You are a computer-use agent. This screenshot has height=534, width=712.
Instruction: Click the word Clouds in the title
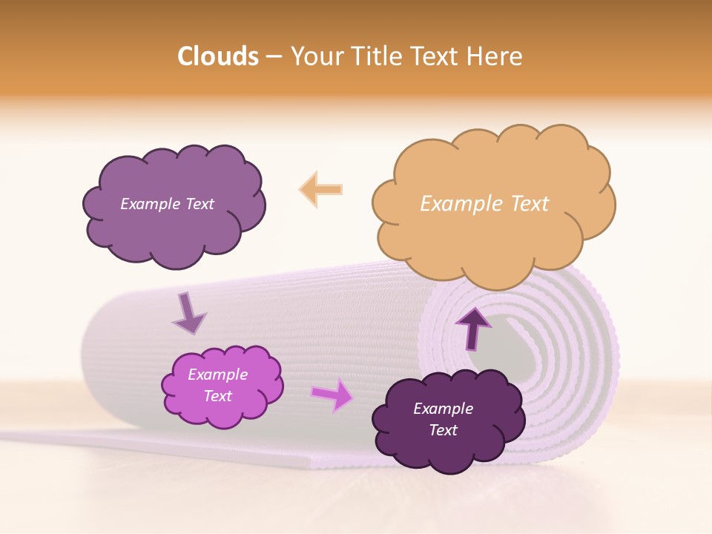tap(218, 56)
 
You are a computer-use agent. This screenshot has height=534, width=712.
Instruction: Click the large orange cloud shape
tap(493, 222)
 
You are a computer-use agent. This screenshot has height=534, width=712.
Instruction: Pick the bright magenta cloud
tap(222, 386)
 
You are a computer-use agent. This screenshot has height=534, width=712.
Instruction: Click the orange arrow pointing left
tap(320, 189)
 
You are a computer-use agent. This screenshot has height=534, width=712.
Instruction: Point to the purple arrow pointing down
tap(188, 312)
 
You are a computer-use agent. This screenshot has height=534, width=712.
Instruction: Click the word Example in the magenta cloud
tap(218, 375)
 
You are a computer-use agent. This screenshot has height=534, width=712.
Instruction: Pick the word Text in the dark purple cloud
tap(443, 430)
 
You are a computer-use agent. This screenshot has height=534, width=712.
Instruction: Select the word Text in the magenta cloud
tap(218, 396)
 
